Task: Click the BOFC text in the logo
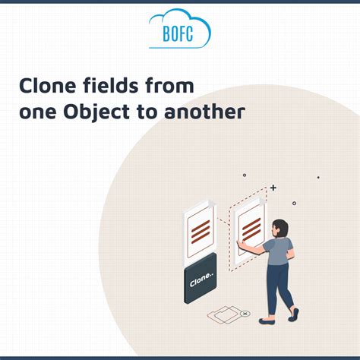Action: coord(180,33)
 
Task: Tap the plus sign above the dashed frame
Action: coord(273,187)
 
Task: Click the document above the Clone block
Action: coord(200,230)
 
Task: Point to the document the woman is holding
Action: coord(250,228)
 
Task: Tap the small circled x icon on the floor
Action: coord(244,314)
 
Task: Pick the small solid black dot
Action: coord(318,178)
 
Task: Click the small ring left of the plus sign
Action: coord(245,175)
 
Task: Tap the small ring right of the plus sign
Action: coord(294,203)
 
